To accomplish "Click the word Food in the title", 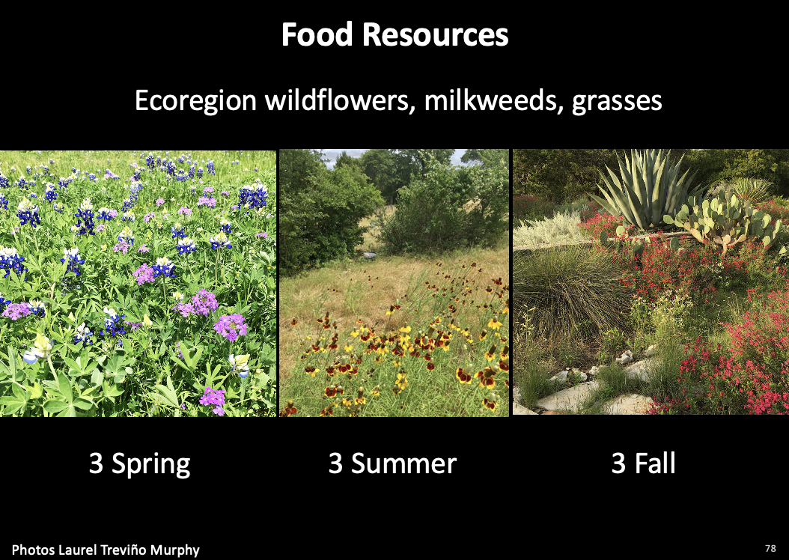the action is click(x=317, y=34).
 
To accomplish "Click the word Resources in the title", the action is click(x=435, y=34).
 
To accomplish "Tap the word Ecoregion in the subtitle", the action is click(x=195, y=100).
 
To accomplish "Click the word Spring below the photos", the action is click(x=151, y=464).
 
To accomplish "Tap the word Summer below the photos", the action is click(x=403, y=463).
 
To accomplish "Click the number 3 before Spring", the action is click(x=96, y=463).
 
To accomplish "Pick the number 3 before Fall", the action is click(x=618, y=463).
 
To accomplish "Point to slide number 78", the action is click(x=770, y=549).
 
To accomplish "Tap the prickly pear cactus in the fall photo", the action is click(x=725, y=222).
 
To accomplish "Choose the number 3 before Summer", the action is click(x=335, y=463).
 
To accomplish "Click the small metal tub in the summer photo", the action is click(x=369, y=255).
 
